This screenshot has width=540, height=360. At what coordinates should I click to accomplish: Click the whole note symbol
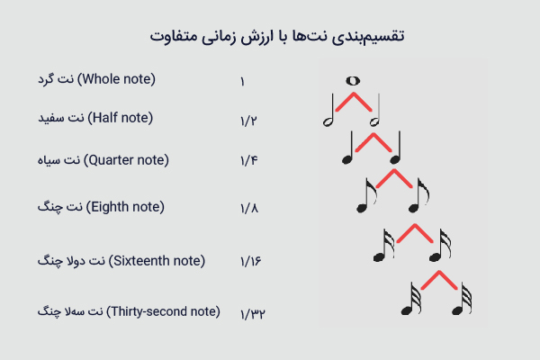tap(353, 81)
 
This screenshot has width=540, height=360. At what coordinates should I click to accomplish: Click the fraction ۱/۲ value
tap(248, 121)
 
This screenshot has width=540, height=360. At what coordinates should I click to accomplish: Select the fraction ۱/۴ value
tap(249, 160)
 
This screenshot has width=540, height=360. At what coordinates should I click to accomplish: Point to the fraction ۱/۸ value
tap(249, 208)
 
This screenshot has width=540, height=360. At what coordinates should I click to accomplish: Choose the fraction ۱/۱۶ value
tap(251, 261)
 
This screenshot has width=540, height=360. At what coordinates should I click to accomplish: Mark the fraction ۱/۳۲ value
tap(253, 314)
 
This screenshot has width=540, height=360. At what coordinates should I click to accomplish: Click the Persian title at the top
tap(277, 36)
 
